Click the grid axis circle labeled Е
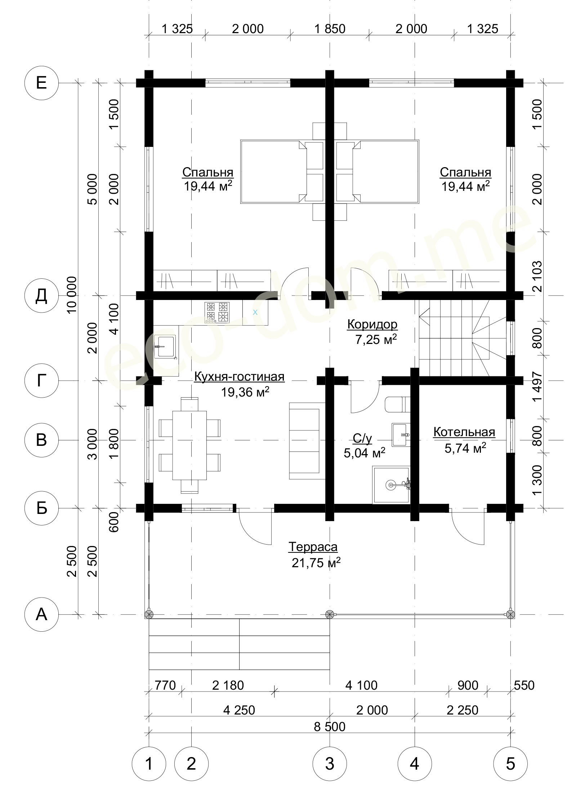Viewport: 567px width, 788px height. pos(41,83)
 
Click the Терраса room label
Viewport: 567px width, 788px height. pos(313,547)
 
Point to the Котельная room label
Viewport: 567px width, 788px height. pos(464,432)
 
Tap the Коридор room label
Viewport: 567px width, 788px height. pos(372,324)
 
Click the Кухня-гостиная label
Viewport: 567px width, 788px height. pos(239,377)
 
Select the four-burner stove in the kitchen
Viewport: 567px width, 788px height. pos(217,312)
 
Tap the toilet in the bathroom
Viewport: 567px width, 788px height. pos(398,404)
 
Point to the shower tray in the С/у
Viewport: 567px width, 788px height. pos(391,485)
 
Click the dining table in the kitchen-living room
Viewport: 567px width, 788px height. pos(189,445)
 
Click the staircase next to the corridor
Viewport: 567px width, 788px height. pos(463,337)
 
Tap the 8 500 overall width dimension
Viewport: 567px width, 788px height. pos(330,727)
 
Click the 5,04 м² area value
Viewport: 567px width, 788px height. pos(365,453)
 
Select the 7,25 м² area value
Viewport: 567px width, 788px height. pos(376,339)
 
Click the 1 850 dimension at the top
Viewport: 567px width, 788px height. pos(330,29)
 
